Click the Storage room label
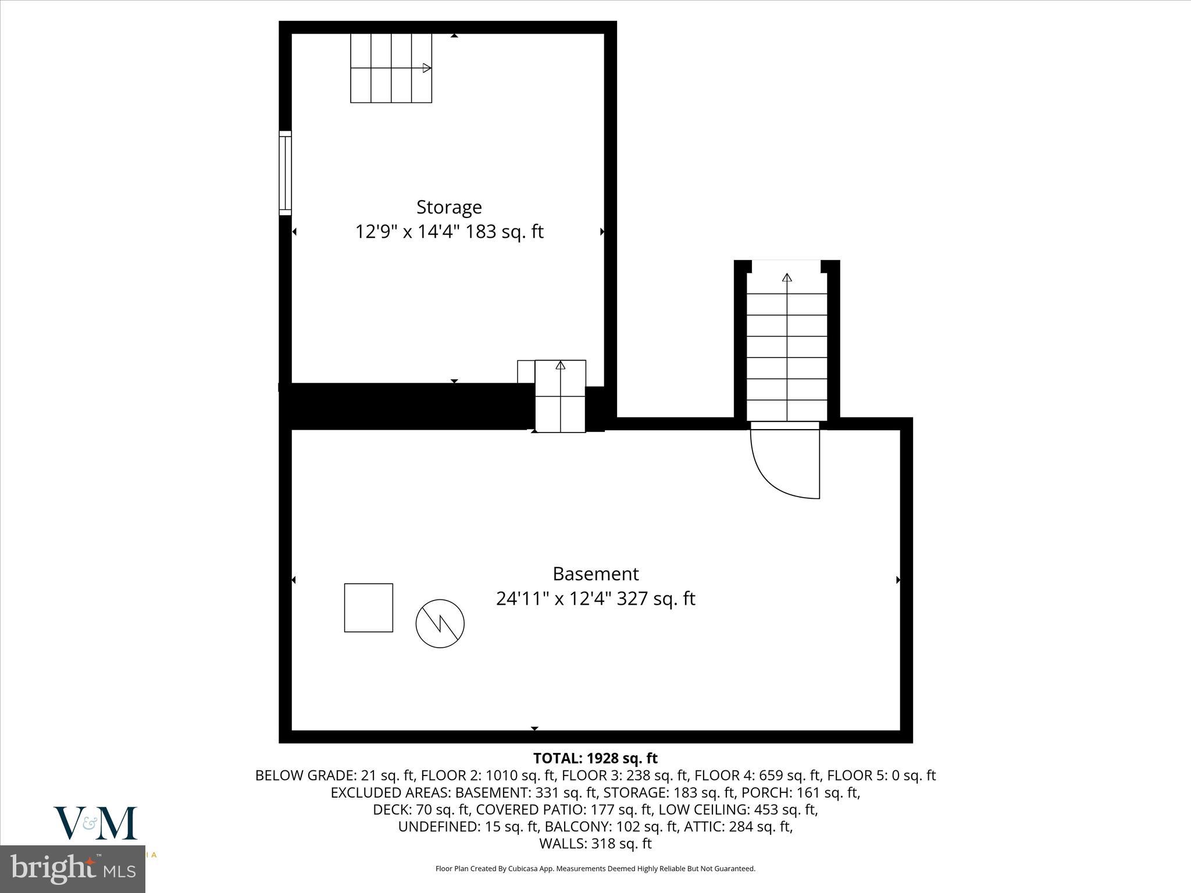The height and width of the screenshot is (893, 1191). [x=449, y=208]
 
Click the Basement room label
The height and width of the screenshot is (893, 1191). [x=595, y=574]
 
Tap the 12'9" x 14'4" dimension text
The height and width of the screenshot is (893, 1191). [x=449, y=232]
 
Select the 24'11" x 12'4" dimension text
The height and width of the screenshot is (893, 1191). [x=595, y=598]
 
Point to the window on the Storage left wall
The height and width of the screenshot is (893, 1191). [x=285, y=173]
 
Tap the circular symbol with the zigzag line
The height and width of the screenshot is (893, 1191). [x=440, y=624]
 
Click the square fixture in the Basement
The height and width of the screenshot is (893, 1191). [x=369, y=608]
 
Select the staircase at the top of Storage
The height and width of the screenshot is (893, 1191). [x=391, y=68]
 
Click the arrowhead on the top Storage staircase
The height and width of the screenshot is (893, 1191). [x=427, y=68]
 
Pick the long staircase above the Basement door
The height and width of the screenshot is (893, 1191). [x=787, y=347]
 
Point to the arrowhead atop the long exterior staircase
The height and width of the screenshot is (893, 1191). [x=787, y=277]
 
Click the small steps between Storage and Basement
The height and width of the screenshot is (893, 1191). [x=560, y=396]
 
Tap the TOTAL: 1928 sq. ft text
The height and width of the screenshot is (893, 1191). [x=595, y=758]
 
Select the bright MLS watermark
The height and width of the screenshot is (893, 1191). [x=73, y=869]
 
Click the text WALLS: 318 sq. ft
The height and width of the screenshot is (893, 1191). [x=595, y=844]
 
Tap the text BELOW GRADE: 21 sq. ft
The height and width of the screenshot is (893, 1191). [x=334, y=776]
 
